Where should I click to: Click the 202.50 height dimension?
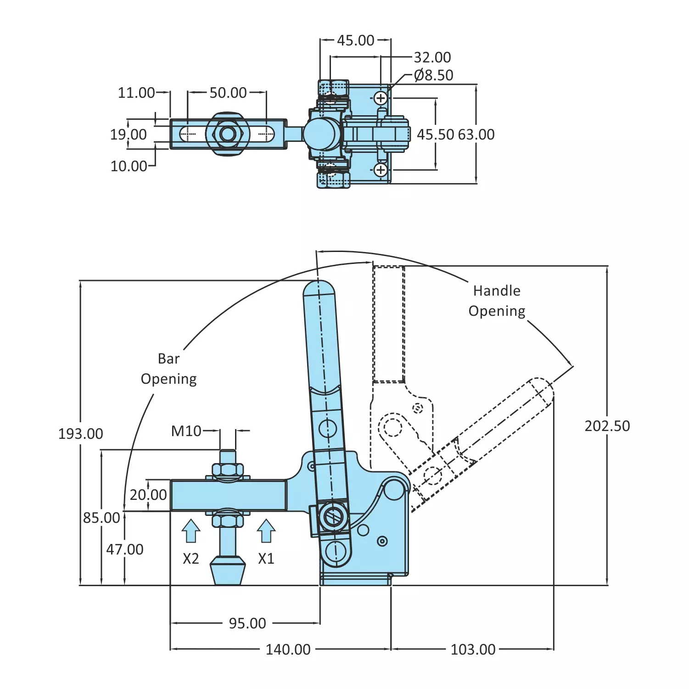tap(607, 426)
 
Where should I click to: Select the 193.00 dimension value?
tap(81, 434)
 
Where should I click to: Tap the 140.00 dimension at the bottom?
tap(288, 650)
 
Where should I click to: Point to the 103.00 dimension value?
tap(473, 650)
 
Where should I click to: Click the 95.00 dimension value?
tap(247, 623)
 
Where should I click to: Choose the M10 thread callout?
tap(186, 431)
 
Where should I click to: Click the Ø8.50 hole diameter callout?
tap(433, 75)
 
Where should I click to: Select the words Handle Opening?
tap(497, 301)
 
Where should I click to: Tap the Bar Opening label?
tap(168, 369)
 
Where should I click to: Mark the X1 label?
tap(266, 559)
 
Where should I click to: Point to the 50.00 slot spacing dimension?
tap(228, 93)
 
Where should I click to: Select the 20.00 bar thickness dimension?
tap(148, 495)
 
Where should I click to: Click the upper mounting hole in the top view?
tap(381, 98)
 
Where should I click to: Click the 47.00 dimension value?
tap(125, 549)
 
